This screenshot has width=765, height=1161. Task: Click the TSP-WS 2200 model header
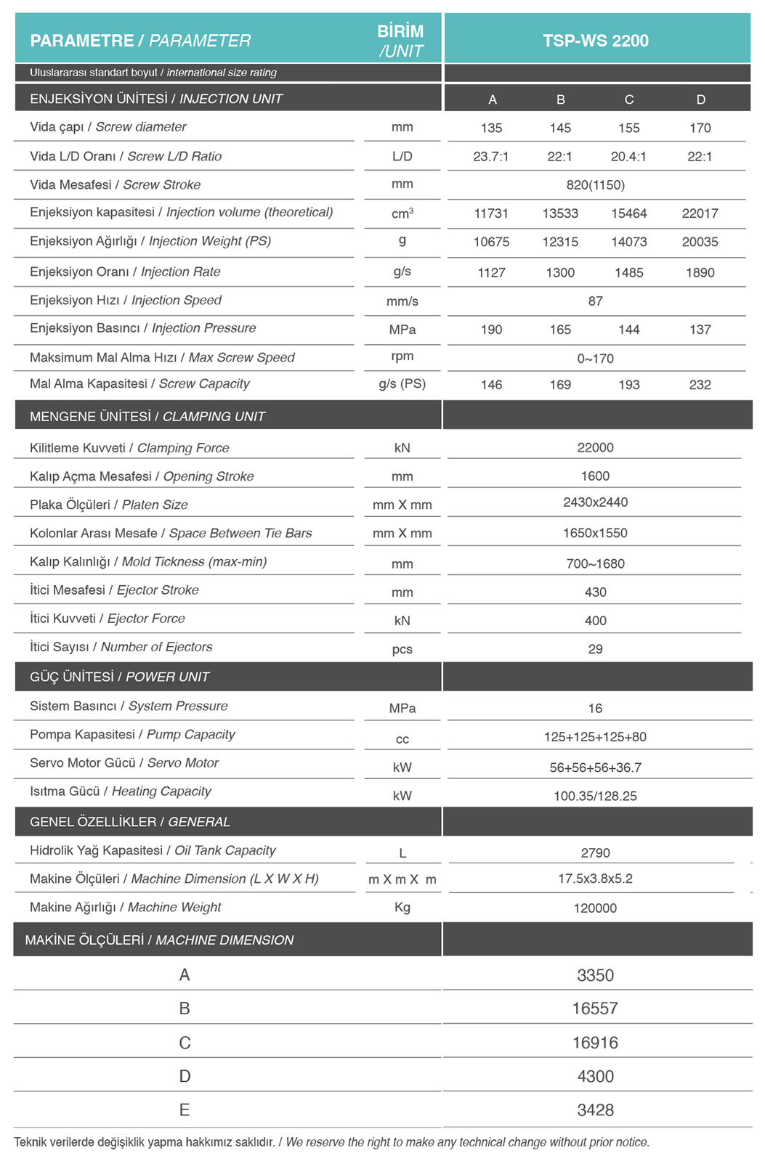click(596, 41)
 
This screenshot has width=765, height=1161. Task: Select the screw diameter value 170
click(700, 128)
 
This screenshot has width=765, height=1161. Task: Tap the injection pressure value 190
click(491, 330)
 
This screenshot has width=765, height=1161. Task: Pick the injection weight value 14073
click(628, 242)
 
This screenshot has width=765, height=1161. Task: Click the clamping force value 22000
click(595, 447)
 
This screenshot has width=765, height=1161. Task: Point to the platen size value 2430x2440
click(595, 502)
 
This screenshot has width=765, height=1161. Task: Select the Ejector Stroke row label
click(114, 590)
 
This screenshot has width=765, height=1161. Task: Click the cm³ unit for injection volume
click(402, 213)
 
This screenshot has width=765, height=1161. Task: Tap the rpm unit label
click(402, 357)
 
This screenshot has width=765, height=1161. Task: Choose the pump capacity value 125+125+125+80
click(595, 737)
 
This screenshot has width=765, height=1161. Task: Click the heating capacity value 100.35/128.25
click(595, 796)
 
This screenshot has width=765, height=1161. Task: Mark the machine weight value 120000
click(595, 908)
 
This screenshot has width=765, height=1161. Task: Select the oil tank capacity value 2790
click(595, 853)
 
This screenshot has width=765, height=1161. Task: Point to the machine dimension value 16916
click(595, 1043)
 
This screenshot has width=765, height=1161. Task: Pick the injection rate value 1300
click(560, 272)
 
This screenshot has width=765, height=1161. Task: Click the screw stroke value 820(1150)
click(595, 185)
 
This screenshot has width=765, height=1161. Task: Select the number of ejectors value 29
click(595, 649)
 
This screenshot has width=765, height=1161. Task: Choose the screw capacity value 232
click(700, 385)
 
